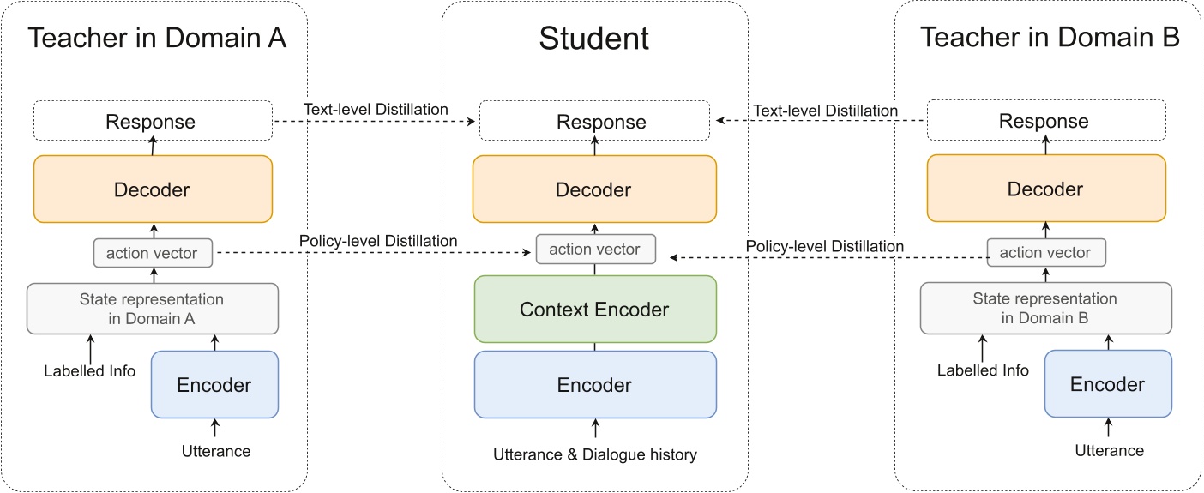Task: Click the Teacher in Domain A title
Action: pyautogui.click(x=157, y=38)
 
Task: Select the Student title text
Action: pyautogui.click(x=593, y=38)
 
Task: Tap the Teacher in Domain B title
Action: pyautogui.click(x=1050, y=38)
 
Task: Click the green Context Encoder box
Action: pyautogui.click(x=594, y=309)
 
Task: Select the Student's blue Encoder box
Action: pyautogui.click(x=594, y=385)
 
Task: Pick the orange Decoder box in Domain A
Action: pyautogui.click(x=152, y=189)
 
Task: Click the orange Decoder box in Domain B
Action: pyautogui.click(x=1044, y=189)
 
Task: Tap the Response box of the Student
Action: pyautogui.click(x=594, y=121)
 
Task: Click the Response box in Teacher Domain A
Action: pyautogui.click(x=152, y=121)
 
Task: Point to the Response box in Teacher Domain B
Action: pyautogui.click(x=1044, y=121)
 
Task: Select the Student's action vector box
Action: pyautogui.click(x=594, y=250)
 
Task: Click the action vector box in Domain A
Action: pyautogui.click(x=152, y=253)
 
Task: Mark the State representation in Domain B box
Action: pyautogui.click(x=1044, y=308)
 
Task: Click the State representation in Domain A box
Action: pyautogui.click(x=152, y=308)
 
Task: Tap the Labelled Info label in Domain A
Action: pyautogui.click(x=90, y=371)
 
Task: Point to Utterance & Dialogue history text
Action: pyautogui.click(x=594, y=454)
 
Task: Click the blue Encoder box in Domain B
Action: pyautogui.click(x=1107, y=385)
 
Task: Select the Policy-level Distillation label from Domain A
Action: pyautogui.click(x=377, y=242)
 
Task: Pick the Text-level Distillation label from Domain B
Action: pyautogui.click(x=824, y=111)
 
